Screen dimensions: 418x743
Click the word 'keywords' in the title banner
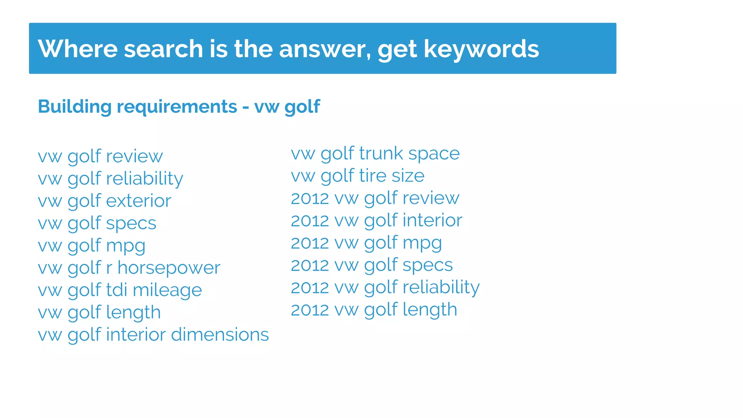click(481, 49)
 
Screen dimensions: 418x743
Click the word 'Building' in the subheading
click(75, 107)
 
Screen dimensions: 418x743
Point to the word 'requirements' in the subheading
click(177, 107)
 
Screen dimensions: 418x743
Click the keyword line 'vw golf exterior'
click(104, 201)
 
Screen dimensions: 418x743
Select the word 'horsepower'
click(169, 268)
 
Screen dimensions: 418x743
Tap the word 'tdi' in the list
click(116, 290)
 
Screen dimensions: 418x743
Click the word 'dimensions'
click(220, 335)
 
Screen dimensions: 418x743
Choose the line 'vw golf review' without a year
click(100, 156)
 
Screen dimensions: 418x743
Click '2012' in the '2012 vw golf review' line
click(309, 198)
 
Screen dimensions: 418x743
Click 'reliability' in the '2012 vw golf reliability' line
click(441, 288)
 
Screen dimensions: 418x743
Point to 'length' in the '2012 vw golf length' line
click(430, 310)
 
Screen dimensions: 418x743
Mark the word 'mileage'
click(167, 290)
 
